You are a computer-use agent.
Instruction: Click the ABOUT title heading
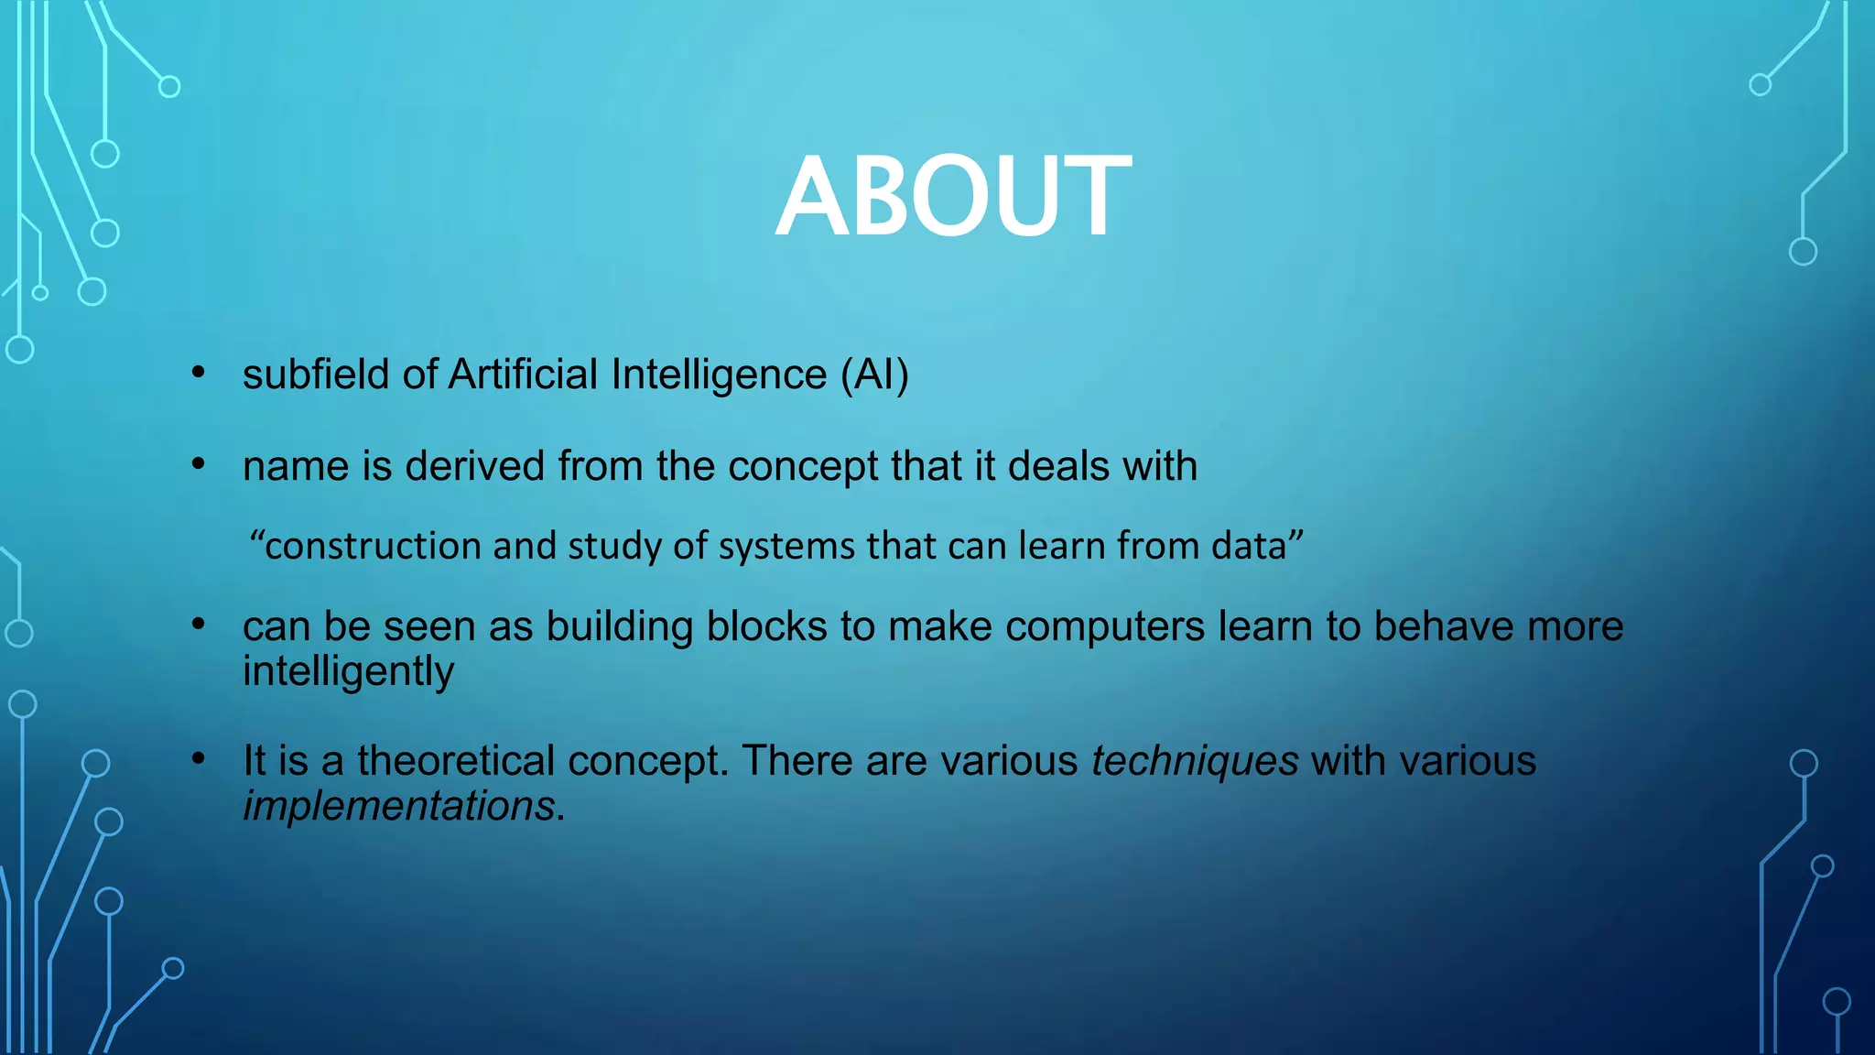[x=953, y=196]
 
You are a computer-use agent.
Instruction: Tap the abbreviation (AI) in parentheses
[x=874, y=375]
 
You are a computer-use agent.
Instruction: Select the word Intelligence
[x=719, y=375]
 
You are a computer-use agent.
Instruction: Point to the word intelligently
[x=348, y=672]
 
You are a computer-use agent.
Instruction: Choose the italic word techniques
[x=1194, y=761]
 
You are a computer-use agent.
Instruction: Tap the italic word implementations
[x=398, y=806]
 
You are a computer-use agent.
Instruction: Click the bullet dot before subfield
[x=199, y=372]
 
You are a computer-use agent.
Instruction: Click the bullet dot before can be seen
[x=199, y=624]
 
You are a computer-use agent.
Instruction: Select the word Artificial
[x=523, y=375]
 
